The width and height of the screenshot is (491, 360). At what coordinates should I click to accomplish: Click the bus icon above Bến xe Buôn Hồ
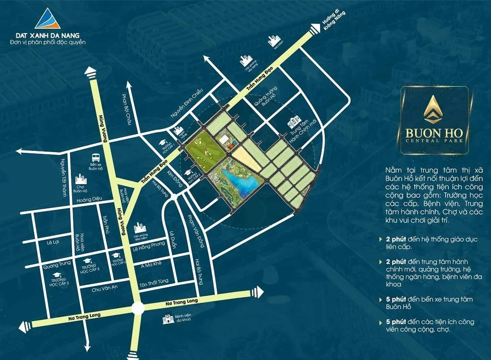coord(95,157)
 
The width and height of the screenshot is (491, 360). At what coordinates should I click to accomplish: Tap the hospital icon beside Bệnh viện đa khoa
coord(166,319)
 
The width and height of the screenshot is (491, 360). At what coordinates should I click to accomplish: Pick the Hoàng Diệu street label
coord(89,201)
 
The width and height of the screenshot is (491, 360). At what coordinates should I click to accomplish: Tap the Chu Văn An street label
coord(104,287)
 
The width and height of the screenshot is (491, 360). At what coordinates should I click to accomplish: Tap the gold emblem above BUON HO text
coord(434,110)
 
